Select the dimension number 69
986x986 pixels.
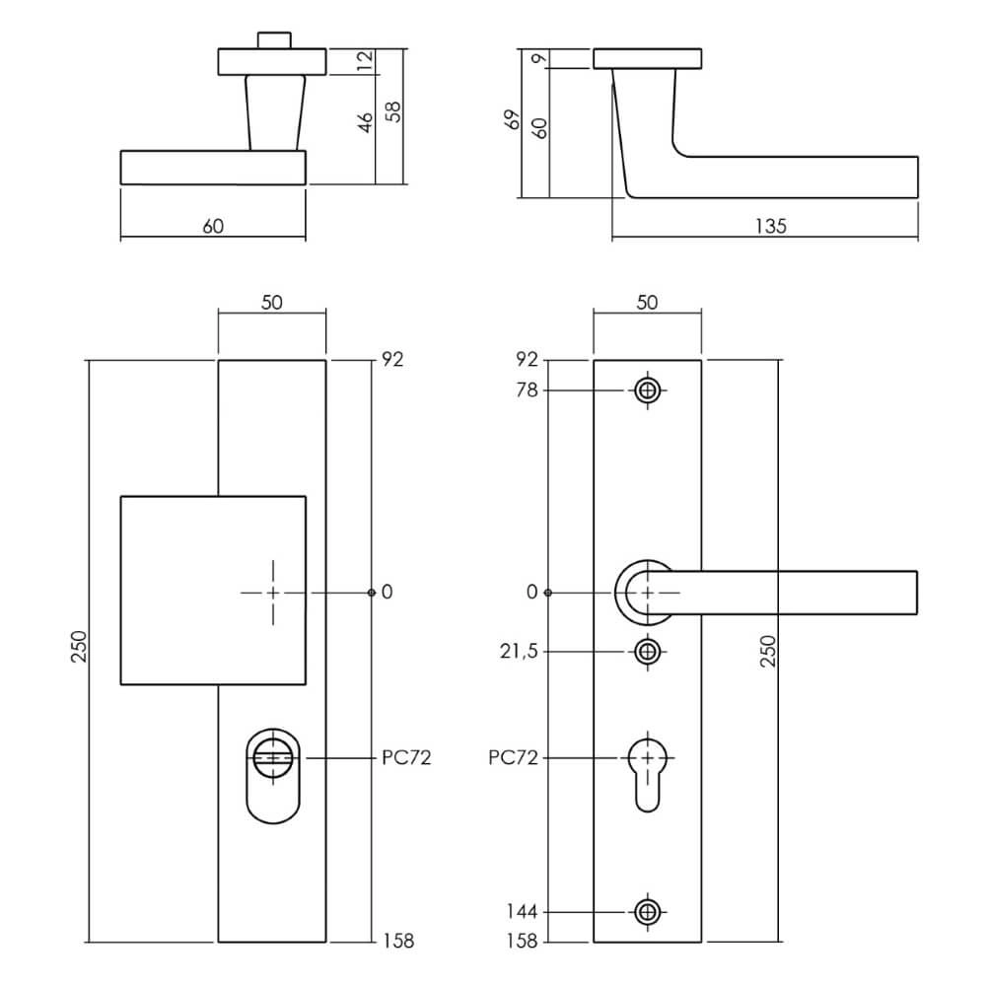click(x=511, y=121)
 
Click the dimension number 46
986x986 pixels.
click(x=365, y=123)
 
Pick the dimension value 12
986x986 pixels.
click(x=365, y=61)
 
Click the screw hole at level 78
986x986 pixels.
click(x=647, y=390)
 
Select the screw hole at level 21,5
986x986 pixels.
click(x=647, y=652)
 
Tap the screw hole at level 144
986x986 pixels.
click(x=647, y=912)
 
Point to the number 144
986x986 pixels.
click(x=524, y=912)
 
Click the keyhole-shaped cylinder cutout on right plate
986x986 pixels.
click(x=647, y=771)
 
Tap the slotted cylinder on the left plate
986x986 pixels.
click(x=272, y=758)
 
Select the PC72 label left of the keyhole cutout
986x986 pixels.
click(x=514, y=758)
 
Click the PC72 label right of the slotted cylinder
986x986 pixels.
click(x=405, y=758)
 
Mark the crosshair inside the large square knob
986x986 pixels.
click(x=273, y=593)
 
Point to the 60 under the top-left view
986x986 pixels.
click(x=213, y=226)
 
